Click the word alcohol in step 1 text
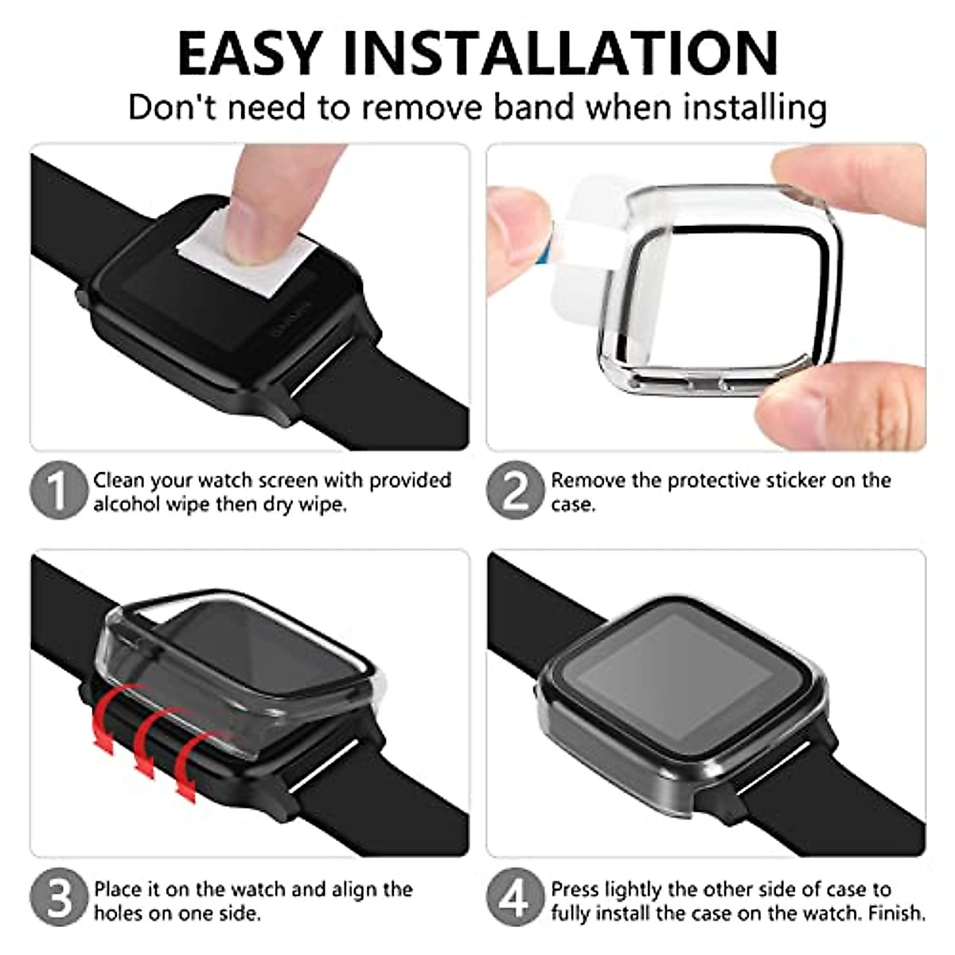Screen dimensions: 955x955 tap(127, 505)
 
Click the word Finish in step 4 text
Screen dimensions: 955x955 tap(897, 912)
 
